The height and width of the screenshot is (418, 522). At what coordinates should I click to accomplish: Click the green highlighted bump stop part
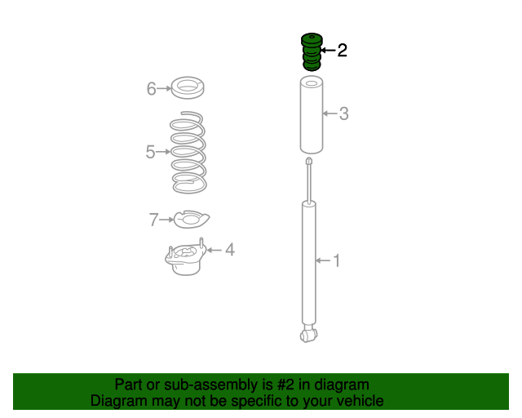point(312,52)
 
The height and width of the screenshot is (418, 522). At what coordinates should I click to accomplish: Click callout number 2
point(343,51)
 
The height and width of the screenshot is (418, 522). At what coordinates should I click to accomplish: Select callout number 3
point(344,113)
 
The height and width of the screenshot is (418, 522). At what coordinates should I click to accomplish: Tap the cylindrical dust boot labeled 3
point(312,115)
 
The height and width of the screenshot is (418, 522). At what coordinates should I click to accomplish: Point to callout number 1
point(337,260)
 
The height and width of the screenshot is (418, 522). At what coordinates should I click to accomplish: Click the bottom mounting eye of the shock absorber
point(308,335)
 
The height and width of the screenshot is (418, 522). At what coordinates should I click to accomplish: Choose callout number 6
point(152,89)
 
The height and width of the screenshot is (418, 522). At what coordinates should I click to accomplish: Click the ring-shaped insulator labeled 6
point(188,87)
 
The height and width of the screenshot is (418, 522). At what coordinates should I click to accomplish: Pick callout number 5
point(150,152)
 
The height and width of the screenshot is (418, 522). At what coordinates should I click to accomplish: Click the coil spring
point(188,152)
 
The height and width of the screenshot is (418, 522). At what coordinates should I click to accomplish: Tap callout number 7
point(153,220)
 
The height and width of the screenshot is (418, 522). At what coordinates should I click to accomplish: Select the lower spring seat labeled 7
point(192,220)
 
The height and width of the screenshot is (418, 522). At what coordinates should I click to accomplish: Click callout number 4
point(230,250)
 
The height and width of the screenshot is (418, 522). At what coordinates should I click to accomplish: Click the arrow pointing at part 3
point(330,113)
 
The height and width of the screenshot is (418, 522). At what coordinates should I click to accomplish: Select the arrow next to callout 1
point(323,260)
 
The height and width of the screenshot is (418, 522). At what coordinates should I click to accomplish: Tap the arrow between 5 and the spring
point(163,152)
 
